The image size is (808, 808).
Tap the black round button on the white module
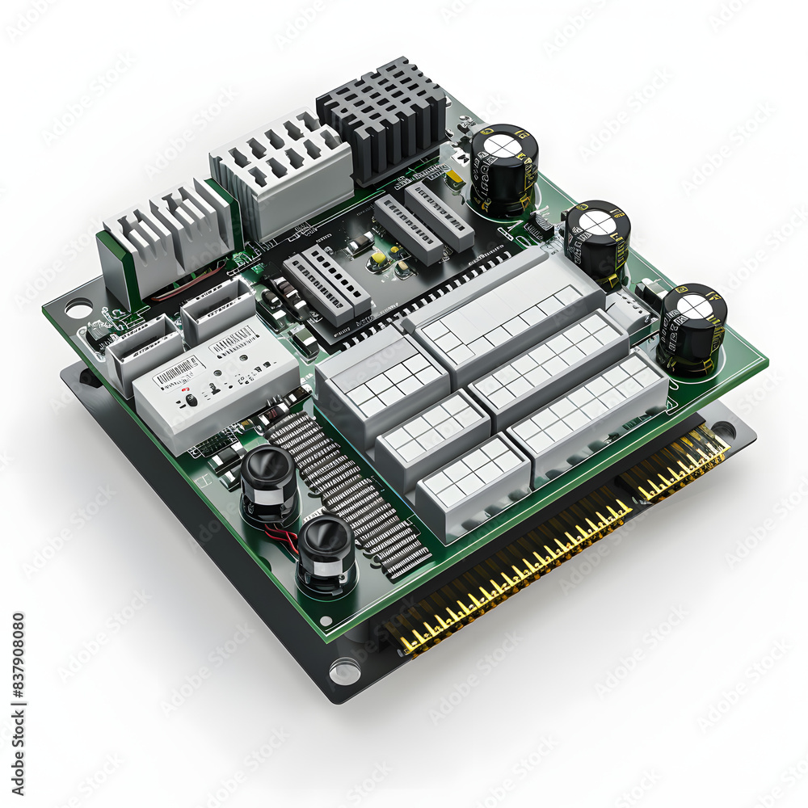[x=190, y=400]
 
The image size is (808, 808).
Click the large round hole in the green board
[x=78, y=308]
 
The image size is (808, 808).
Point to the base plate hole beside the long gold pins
[x=345, y=671]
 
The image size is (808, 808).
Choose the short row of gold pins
[x=675, y=465]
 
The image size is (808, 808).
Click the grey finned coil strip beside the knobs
[x=347, y=493]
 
